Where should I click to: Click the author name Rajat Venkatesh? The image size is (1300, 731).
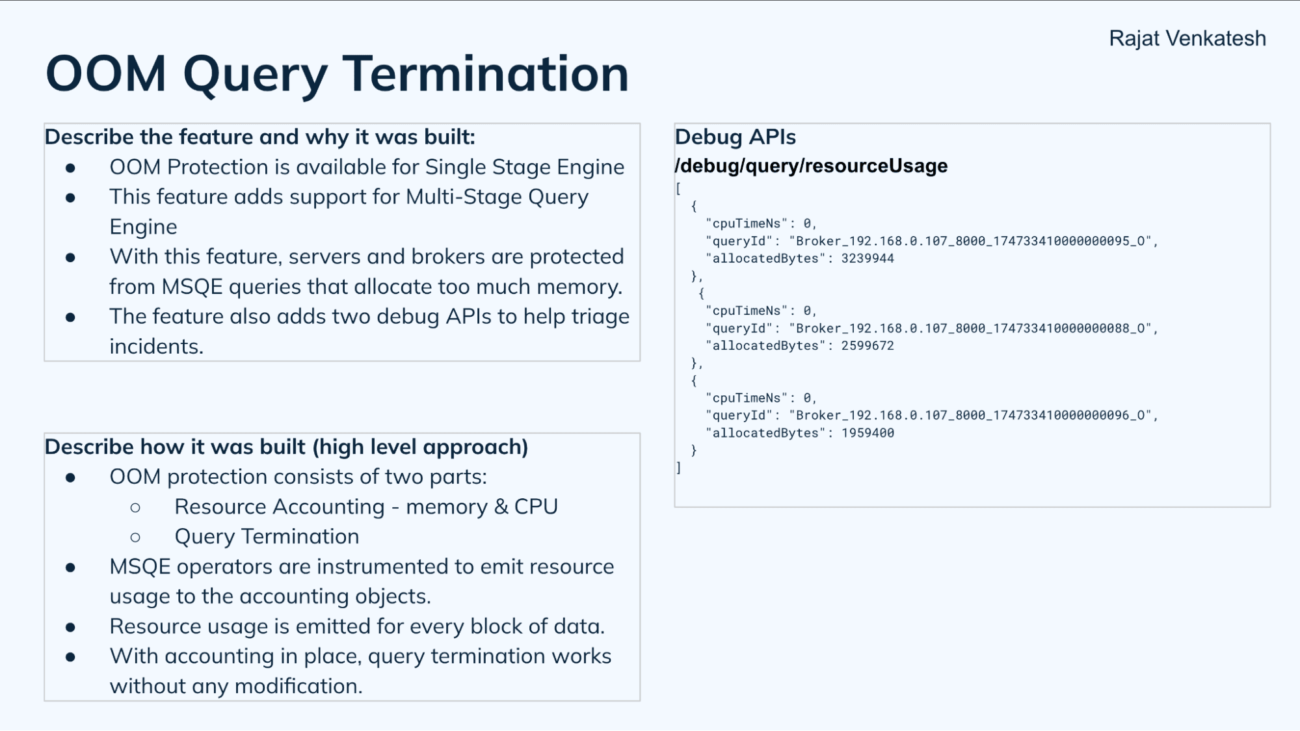pos(1187,38)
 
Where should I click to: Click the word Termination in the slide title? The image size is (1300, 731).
pos(485,73)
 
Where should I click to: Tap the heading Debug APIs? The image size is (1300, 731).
pos(735,137)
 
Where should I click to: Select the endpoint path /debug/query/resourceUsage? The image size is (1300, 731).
pos(811,166)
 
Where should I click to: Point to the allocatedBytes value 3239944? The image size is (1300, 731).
pos(867,259)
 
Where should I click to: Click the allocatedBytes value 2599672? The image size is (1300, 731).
pos(867,346)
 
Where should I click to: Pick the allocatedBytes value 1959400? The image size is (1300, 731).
pos(867,433)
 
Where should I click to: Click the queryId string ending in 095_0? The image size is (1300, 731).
pos(973,241)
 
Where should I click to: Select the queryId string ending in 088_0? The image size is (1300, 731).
pos(973,328)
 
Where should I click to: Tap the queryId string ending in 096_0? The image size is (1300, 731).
pos(973,416)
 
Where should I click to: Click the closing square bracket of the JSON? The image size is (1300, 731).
pos(678,468)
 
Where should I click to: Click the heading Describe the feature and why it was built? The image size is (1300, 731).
pos(259,137)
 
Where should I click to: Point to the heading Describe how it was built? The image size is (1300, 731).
pos(286,447)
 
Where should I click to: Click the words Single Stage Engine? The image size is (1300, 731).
pos(524,167)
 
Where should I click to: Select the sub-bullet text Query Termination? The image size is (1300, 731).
pos(267,537)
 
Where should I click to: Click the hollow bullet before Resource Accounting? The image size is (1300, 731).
pos(135,507)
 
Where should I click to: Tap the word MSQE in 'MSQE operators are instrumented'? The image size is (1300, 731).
pos(140,566)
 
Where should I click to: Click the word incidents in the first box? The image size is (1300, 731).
pos(156,347)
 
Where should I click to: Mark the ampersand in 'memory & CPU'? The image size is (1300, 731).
pos(501,507)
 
